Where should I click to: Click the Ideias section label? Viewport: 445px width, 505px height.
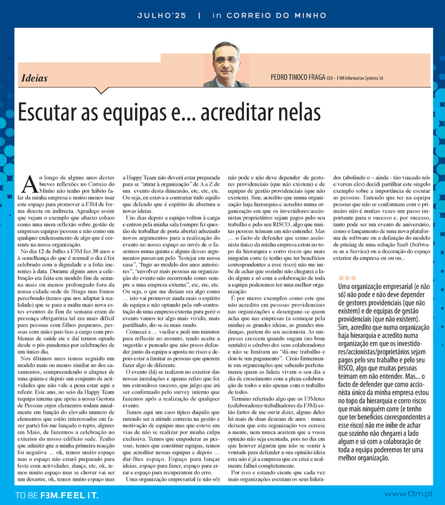click(x=35, y=79)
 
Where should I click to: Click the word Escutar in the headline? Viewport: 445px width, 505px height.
click(x=52, y=112)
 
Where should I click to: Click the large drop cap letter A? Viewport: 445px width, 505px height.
click(x=30, y=184)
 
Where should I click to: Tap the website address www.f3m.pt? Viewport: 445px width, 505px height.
click(x=409, y=494)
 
